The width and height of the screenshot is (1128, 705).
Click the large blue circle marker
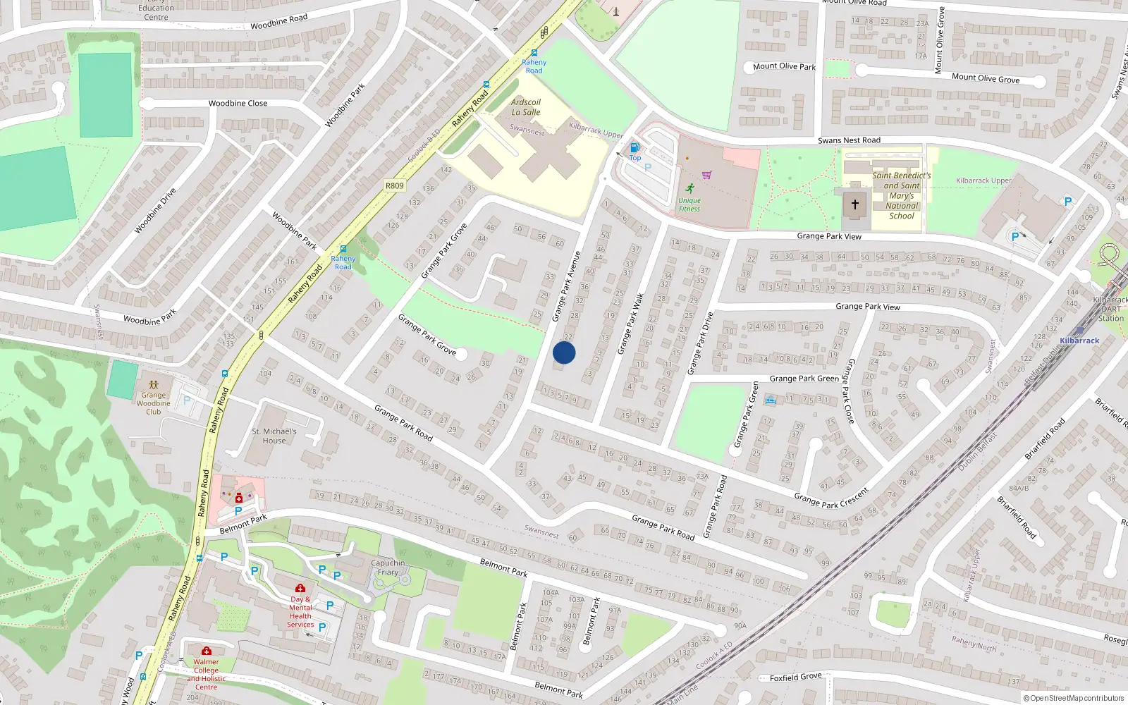564,352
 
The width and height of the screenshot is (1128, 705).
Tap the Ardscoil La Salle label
526,107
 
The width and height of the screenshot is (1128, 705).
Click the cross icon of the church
854,204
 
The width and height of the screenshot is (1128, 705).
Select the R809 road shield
395,186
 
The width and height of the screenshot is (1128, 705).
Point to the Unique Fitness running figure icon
689,188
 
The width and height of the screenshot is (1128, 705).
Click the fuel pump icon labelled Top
634,147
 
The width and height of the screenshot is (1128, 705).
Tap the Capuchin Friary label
388,568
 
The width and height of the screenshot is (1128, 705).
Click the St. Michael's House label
274,436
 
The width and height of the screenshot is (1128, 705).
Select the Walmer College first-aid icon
206,651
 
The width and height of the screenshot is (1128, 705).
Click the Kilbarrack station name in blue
1079,341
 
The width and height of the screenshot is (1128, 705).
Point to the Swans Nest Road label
849,140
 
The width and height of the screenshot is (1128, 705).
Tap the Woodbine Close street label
238,103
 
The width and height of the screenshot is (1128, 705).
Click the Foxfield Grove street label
795,677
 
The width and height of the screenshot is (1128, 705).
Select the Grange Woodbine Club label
154,403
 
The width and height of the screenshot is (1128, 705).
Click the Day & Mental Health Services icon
300,588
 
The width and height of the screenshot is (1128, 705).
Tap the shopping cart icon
706,175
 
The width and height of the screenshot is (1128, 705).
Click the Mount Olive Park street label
784,66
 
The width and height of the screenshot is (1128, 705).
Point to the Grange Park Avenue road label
566,287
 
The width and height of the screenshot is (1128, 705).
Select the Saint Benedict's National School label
902,195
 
